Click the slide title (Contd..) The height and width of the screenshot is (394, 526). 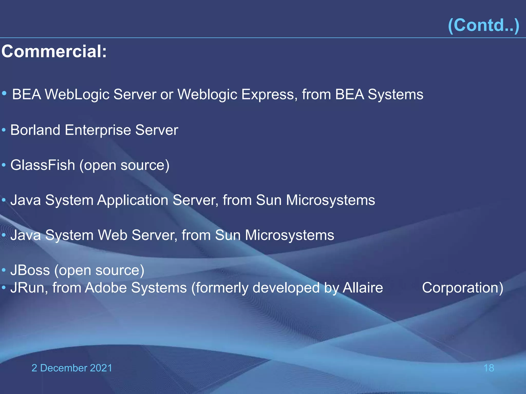coord(483,25)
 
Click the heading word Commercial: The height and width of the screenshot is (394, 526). coord(54,51)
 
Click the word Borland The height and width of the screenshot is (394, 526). coord(35,130)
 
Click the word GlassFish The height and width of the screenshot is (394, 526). coord(43,165)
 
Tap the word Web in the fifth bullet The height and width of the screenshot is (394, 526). coord(113,235)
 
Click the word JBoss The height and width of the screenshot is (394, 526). coord(30,270)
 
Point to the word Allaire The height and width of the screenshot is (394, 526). coord(363,288)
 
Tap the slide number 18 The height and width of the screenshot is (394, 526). coord(489,368)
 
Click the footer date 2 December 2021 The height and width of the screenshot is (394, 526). coord(72,368)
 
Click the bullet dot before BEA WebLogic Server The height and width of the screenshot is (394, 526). coord(4,93)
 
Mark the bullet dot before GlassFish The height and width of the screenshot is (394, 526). coord(4,165)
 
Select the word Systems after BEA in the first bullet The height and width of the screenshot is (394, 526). coord(396,95)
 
